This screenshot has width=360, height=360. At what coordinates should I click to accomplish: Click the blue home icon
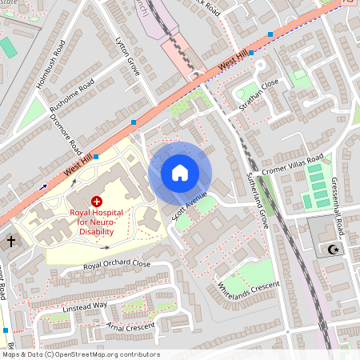(x=180, y=173)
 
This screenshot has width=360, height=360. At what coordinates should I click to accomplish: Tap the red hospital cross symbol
(x=97, y=202)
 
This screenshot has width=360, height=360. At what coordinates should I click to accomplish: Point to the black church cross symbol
(x=11, y=240)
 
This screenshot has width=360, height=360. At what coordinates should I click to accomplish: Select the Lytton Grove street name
(x=127, y=56)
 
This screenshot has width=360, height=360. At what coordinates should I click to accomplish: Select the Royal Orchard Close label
(x=117, y=264)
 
